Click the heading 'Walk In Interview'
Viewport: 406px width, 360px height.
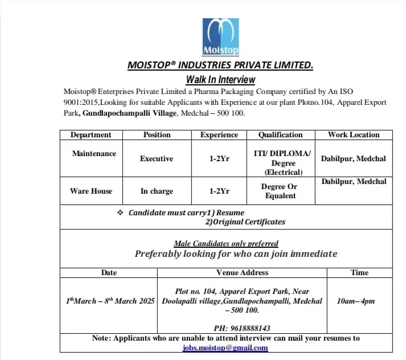pos(220,80)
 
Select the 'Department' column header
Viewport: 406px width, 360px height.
pos(91,135)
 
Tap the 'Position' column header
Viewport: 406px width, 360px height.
pos(157,135)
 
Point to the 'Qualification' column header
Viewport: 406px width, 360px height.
pos(280,135)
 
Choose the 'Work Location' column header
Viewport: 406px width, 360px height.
pos(353,135)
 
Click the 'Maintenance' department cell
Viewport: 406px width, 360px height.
pos(94,154)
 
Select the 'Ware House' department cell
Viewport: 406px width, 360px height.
pos(91,191)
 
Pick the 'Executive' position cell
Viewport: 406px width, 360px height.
pos(157,159)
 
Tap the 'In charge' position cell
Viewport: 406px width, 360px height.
pos(157,191)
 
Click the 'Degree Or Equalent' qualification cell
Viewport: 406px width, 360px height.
pos(280,191)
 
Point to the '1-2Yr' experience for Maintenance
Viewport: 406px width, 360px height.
pos(219,159)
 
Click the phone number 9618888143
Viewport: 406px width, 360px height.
pos(242,328)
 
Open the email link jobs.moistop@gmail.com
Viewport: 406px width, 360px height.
pos(225,347)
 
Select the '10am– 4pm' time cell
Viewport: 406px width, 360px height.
pos(356,301)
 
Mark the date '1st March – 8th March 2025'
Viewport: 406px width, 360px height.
pos(109,301)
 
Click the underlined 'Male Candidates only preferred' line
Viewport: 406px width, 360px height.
pos(226,243)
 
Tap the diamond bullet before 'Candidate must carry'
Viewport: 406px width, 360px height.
pos(120,212)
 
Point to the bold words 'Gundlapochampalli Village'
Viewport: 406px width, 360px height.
pos(130,113)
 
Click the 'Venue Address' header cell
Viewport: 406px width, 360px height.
pos(242,273)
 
